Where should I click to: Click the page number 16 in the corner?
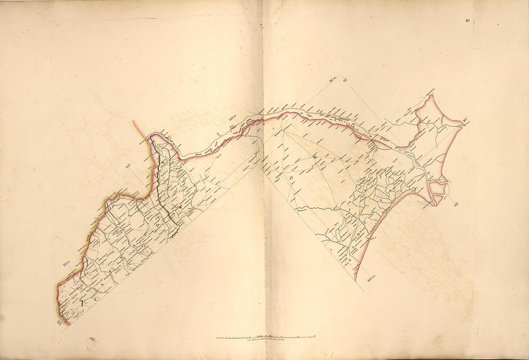point(467,20)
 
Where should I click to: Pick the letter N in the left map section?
point(127,259)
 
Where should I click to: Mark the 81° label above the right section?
point(345,80)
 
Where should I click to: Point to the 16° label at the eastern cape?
point(466,121)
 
